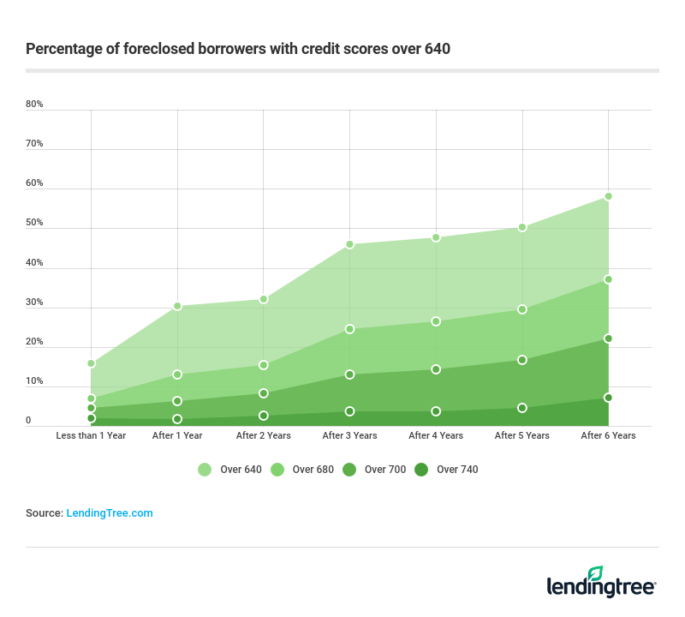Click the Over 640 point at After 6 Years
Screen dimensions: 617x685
pos(608,196)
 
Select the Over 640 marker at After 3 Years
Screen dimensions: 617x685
pos(349,244)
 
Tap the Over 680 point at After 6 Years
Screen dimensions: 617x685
pos(608,279)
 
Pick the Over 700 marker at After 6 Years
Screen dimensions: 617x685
pos(608,338)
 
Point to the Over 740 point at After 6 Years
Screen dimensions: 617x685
pos(608,398)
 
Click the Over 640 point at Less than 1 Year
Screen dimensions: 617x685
pos(91,363)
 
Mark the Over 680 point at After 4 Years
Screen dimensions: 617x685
pos(436,321)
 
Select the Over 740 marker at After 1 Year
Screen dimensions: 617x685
pos(177,419)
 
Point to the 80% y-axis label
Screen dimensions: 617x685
pos(34,105)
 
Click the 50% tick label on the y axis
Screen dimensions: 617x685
pos(34,223)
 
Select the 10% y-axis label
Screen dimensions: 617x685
pos(34,381)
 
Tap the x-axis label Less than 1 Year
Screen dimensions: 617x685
pos(91,435)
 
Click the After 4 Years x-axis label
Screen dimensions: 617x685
pos(436,435)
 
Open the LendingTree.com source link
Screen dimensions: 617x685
pos(110,513)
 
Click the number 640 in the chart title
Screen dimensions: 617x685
pos(438,49)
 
